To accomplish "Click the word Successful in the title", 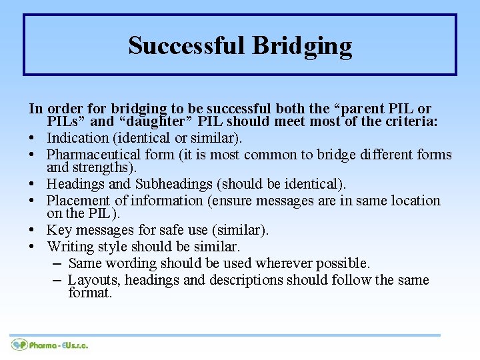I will pyautogui.click(x=187, y=46).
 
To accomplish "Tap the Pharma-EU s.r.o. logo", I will pyautogui.click(x=49, y=345).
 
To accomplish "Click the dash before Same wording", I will pyautogui.click(x=57, y=263).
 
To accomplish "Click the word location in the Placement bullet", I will pyautogui.click(x=416, y=201).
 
